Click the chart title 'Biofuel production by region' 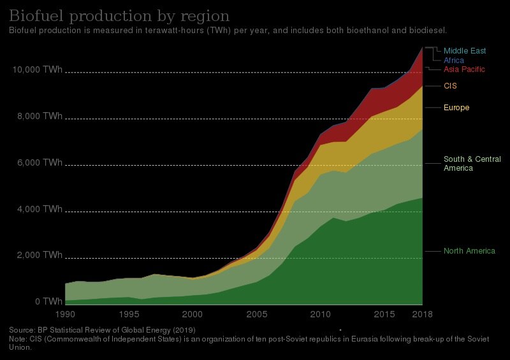119,16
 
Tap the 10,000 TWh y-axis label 37,69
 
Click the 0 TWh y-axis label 48,301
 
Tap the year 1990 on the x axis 65,314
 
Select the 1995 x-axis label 129,314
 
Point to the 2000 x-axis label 193,314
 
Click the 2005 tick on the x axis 256,314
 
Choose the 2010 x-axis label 320,314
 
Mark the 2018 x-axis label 421,314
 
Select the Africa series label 454,60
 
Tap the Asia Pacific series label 464,69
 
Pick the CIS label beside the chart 450,85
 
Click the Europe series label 456,108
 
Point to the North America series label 469,251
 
